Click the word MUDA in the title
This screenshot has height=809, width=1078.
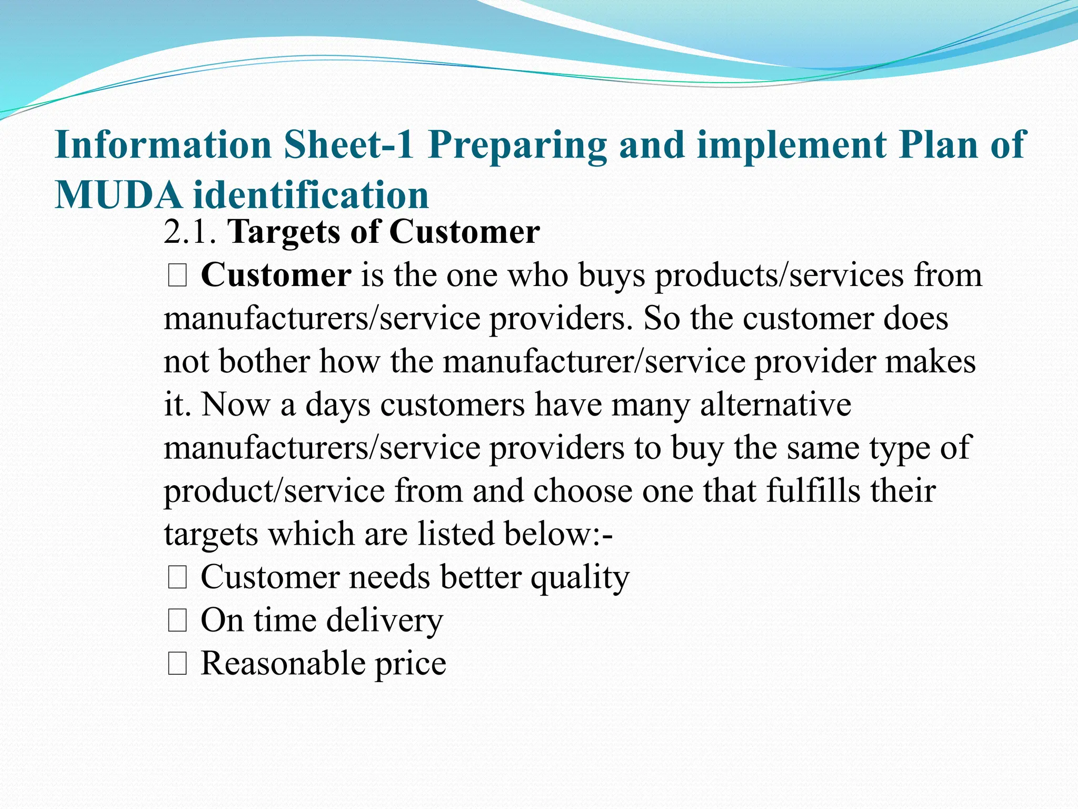[118, 195]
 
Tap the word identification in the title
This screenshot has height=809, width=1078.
[311, 195]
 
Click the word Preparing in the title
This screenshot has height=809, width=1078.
[517, 145]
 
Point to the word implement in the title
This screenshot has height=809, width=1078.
[792, 145]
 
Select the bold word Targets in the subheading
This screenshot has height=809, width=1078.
[284, 232]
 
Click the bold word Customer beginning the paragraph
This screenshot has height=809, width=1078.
[276, 275]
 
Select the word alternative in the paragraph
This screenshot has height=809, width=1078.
[775, 404]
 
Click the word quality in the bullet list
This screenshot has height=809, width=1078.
[580, 577]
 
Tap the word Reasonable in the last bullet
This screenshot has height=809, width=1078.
[283, 663]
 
